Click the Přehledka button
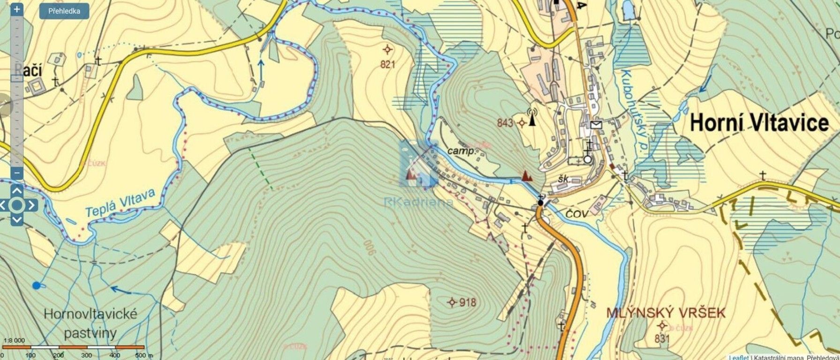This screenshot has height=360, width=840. (64, 11)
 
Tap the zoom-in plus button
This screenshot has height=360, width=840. (16, 9)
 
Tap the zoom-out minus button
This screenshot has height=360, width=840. (16, 172)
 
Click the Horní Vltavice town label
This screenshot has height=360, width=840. (759, 123)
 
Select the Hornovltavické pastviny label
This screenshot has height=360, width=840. (90, 323)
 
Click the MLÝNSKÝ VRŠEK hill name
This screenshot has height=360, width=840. (666, 312)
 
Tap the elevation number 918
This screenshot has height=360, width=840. (468, 302)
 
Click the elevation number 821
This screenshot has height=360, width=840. (388, 64)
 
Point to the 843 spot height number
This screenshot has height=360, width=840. (505, 123)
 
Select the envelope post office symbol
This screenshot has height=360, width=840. (596, 124)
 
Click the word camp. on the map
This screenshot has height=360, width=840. (462, 151)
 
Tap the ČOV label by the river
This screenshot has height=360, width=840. (577, 214)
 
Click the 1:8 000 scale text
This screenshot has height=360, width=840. (14, 340)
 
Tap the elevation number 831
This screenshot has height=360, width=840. (661, 338)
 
